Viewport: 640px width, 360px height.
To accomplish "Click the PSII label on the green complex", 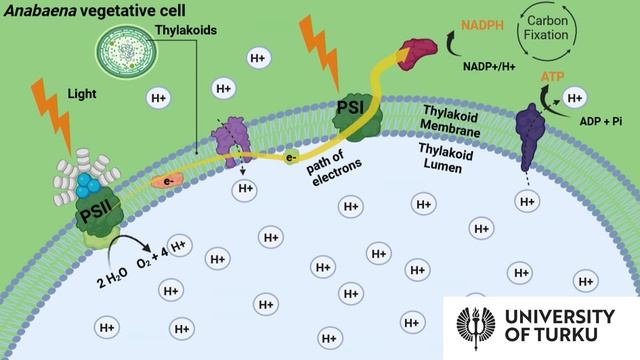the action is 97,212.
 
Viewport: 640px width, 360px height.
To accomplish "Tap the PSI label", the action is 351,107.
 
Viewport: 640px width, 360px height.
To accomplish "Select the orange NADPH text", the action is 482,25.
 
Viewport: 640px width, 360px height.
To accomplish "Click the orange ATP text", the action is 552,77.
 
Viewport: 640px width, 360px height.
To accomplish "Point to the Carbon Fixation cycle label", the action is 546,28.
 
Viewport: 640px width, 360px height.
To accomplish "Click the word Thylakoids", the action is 186,30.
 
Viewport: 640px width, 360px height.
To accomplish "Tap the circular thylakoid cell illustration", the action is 127,52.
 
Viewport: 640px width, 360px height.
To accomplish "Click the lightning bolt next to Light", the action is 52,115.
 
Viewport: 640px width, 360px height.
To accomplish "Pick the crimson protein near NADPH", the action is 417,54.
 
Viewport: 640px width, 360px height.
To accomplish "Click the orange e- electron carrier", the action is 167,181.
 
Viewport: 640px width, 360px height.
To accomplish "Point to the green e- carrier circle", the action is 290,158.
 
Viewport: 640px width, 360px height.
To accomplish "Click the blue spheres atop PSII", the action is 88,184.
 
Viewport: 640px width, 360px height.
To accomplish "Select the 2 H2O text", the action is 112,277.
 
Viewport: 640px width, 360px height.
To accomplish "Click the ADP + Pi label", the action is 601,121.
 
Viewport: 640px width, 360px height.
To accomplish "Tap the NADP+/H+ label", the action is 489,66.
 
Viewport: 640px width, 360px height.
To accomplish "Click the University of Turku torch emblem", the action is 476,328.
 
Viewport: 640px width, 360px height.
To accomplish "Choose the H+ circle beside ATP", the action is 575,98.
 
